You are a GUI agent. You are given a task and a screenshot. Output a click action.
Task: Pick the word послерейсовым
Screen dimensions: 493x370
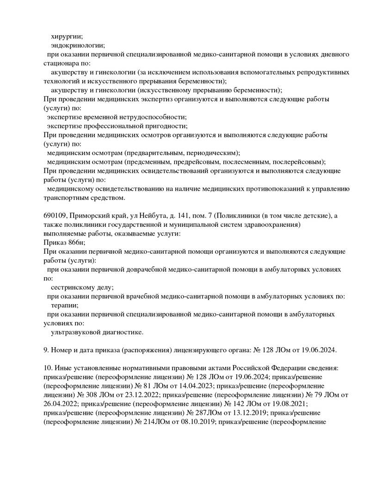click(299, 162)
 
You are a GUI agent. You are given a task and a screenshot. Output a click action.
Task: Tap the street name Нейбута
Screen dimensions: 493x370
click(154, 216)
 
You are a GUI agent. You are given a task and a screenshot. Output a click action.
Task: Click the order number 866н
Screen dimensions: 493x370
click(76, 243)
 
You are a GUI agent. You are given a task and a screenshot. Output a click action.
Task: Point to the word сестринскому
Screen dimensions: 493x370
click(72, 287)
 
